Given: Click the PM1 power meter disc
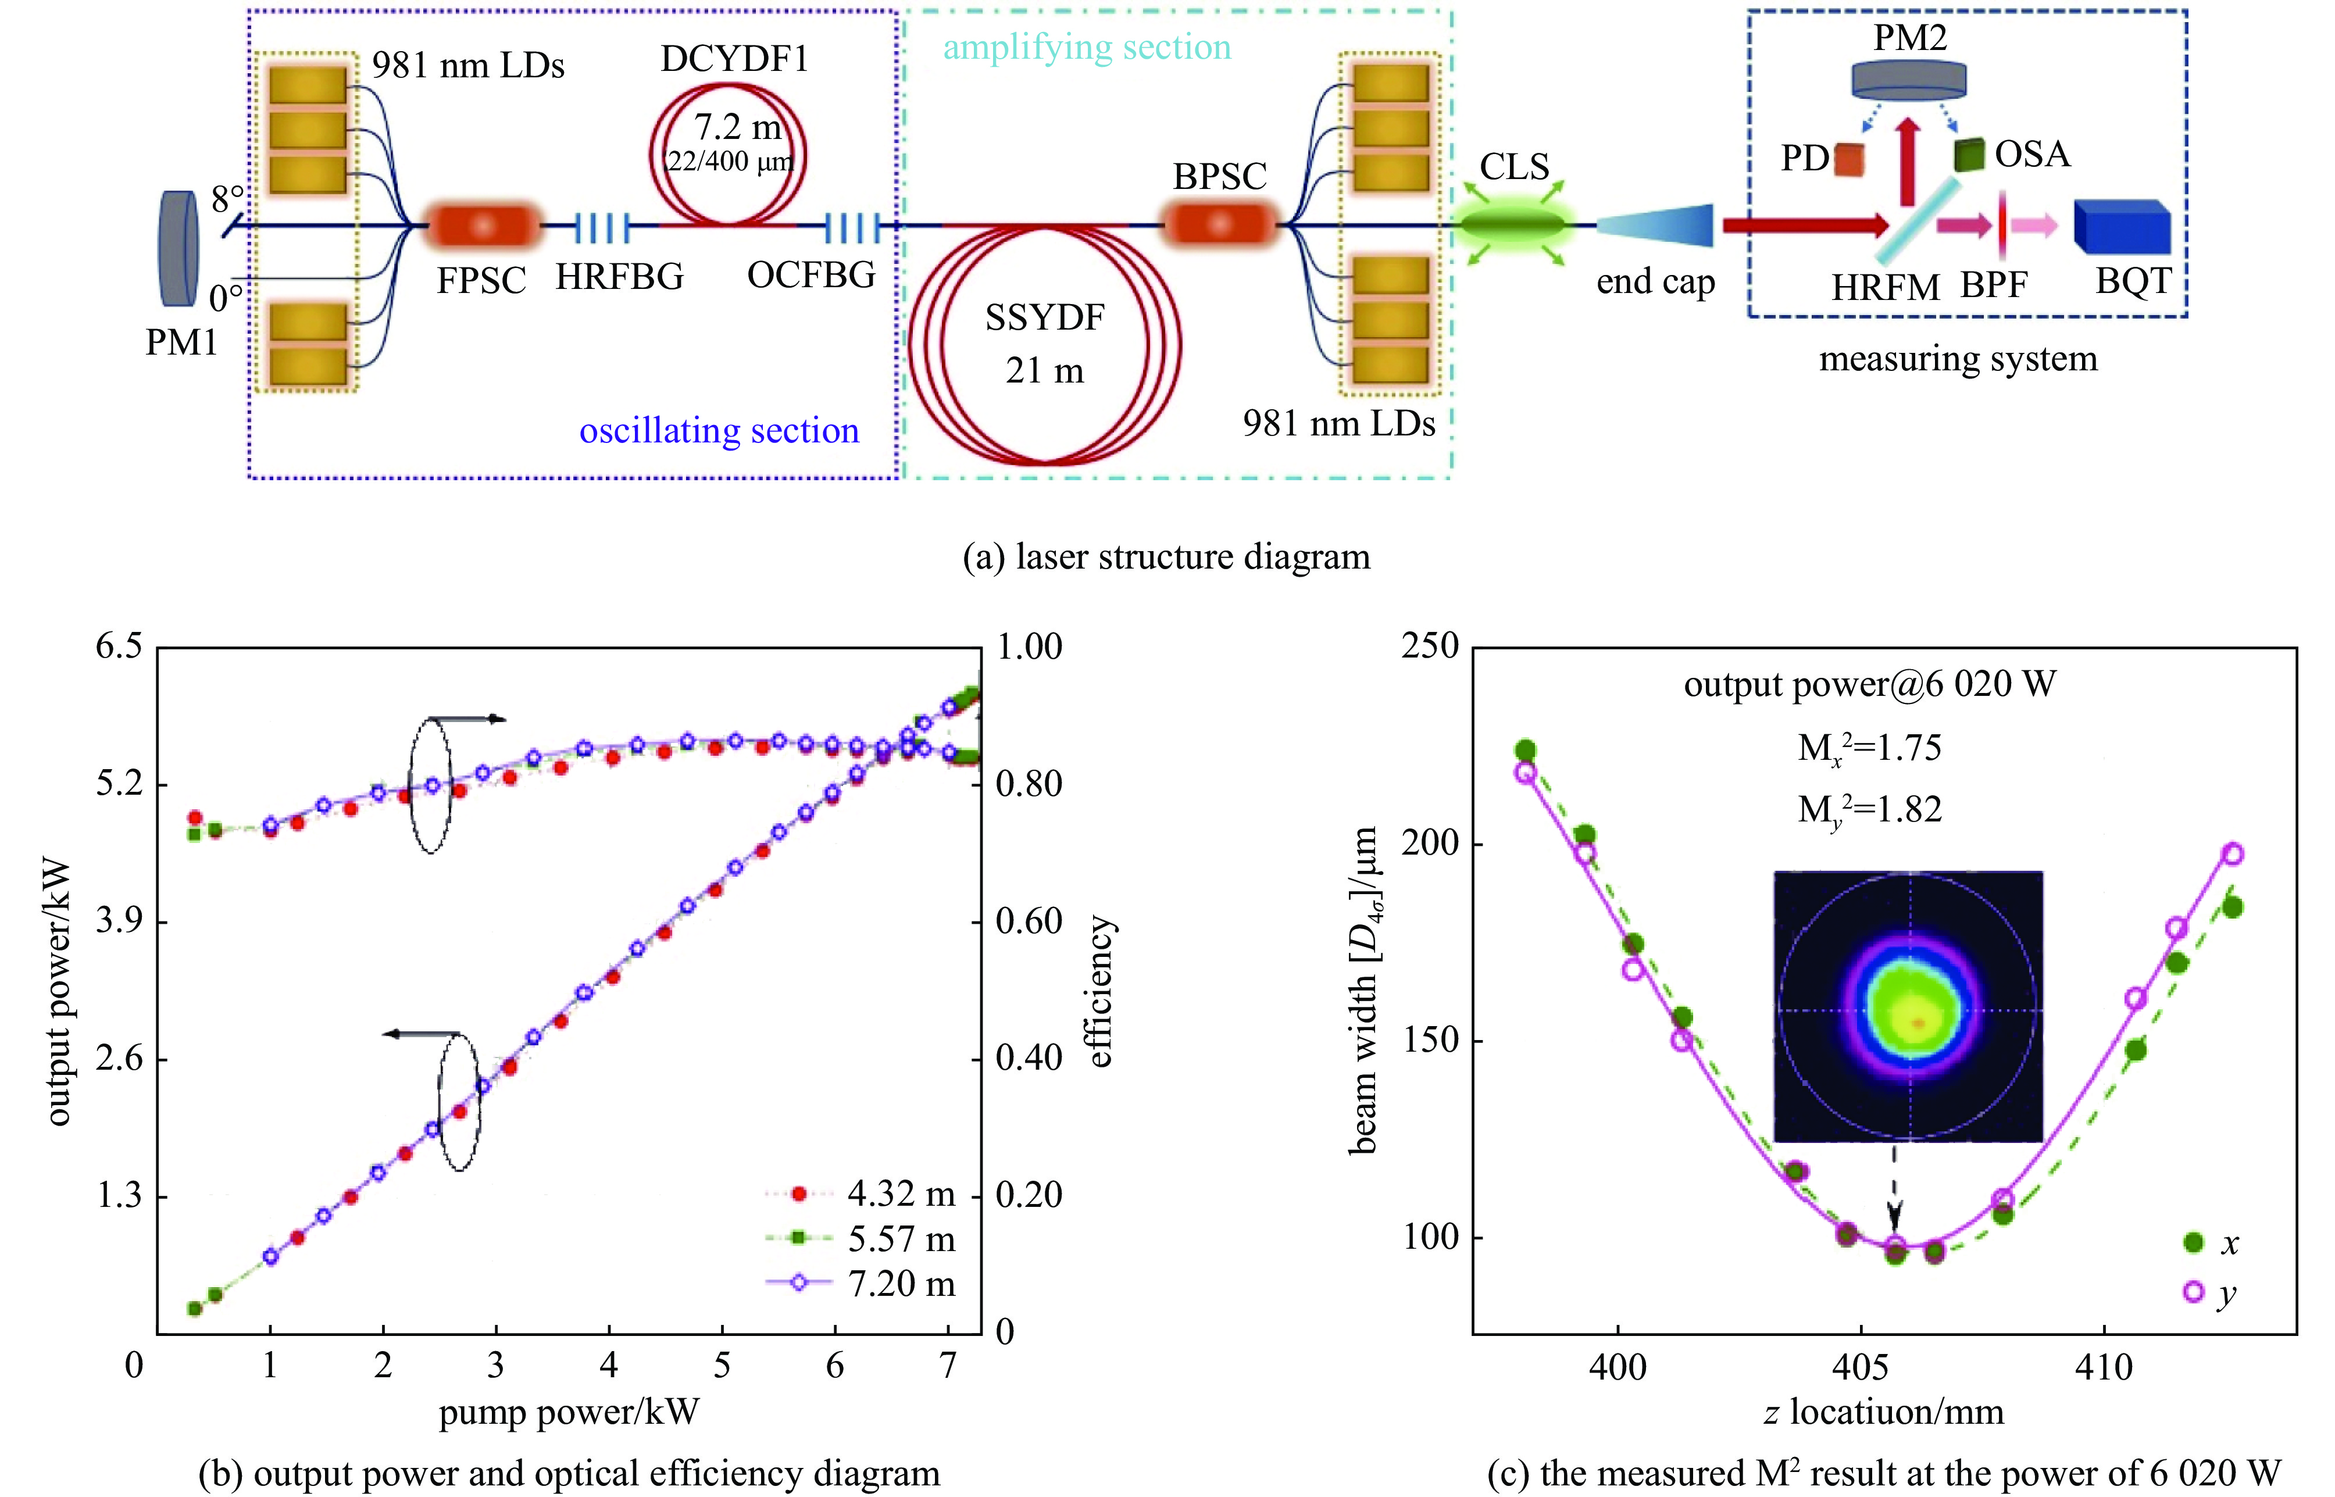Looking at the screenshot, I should click(179, 248).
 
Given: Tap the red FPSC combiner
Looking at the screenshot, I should click(483, 226).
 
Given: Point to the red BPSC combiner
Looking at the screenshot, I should click(1219, 224).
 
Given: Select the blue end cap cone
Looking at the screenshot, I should click(1655, 226).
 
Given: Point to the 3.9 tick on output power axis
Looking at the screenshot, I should click(119, 920).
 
